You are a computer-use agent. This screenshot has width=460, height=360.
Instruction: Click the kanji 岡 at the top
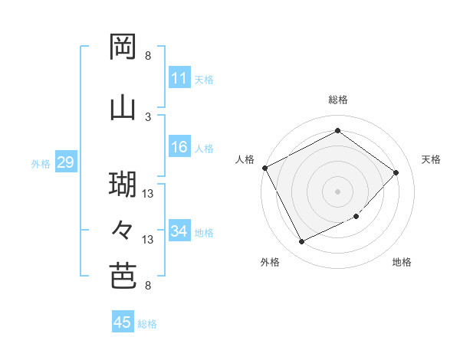coord(123,48)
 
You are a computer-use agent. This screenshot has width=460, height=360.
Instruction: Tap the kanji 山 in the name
coord(123,108)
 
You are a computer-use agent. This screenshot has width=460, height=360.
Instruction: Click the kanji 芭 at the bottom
coord(123,277)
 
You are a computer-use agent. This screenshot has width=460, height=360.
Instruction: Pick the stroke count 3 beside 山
coord(148,116)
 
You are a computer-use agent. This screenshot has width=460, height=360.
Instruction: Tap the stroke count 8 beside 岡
coord(148,56)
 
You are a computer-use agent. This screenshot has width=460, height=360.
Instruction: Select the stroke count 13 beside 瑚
coord(148,194)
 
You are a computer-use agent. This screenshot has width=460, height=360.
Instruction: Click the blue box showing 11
coord(179,78)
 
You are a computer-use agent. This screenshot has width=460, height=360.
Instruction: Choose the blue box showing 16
coord(179,148)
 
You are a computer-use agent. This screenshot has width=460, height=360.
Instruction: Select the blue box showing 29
coord(65,162)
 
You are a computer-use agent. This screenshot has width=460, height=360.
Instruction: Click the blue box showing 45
coord(123,322)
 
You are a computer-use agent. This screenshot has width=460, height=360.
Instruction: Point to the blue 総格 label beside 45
coord(147,324)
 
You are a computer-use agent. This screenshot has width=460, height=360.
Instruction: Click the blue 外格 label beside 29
coord(41,163)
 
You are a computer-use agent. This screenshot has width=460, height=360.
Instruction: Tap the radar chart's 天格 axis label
coord(431,159)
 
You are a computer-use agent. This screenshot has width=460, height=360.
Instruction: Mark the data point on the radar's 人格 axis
coord(264,168)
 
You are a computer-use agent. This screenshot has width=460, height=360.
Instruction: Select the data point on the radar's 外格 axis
coord(301,242)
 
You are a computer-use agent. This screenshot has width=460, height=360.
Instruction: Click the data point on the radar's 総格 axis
coord(337,131)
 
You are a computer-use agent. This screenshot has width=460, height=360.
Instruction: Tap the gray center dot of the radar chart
coord(337,191)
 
